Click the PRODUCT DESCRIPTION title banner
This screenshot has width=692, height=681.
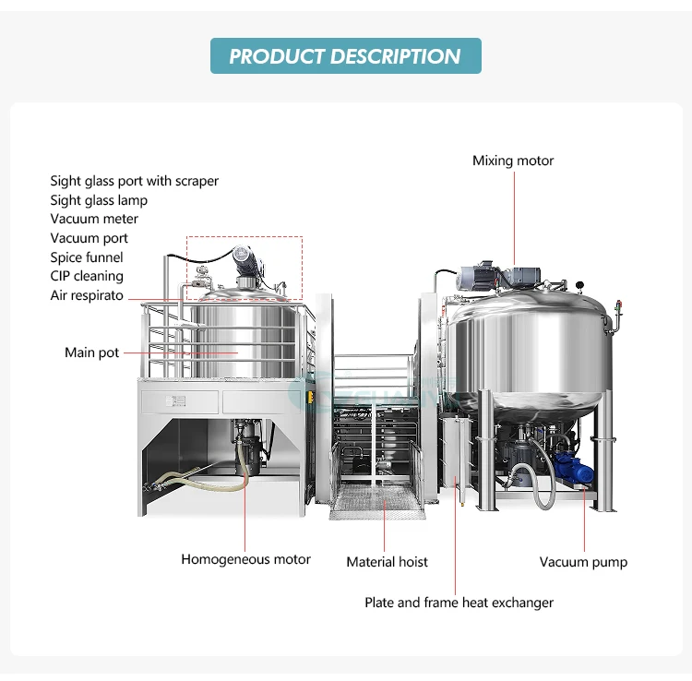(x=345, y=55)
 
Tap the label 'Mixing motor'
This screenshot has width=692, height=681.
(x=513, y=161)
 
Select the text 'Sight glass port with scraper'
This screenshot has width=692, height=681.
(x=134, y=181)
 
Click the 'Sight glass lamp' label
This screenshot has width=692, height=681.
(x=99, y=200)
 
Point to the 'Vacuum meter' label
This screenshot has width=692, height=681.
(x=94, y=219)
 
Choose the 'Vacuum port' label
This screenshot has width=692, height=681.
(x=89, y=238)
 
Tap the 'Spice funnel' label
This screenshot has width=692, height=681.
(x=87, y=257)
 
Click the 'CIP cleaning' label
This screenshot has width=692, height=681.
(x=87, y=276)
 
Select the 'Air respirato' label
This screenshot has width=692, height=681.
(x=87, y=295)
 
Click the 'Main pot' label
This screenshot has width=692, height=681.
(x=91, y=352)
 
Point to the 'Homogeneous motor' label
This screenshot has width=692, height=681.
(x=245, y=559)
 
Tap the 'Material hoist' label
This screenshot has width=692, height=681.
(x=387, y=561)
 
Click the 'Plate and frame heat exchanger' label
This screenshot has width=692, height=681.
(x=459, y=603)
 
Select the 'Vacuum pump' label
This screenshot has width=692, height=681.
(x=583, y=561)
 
